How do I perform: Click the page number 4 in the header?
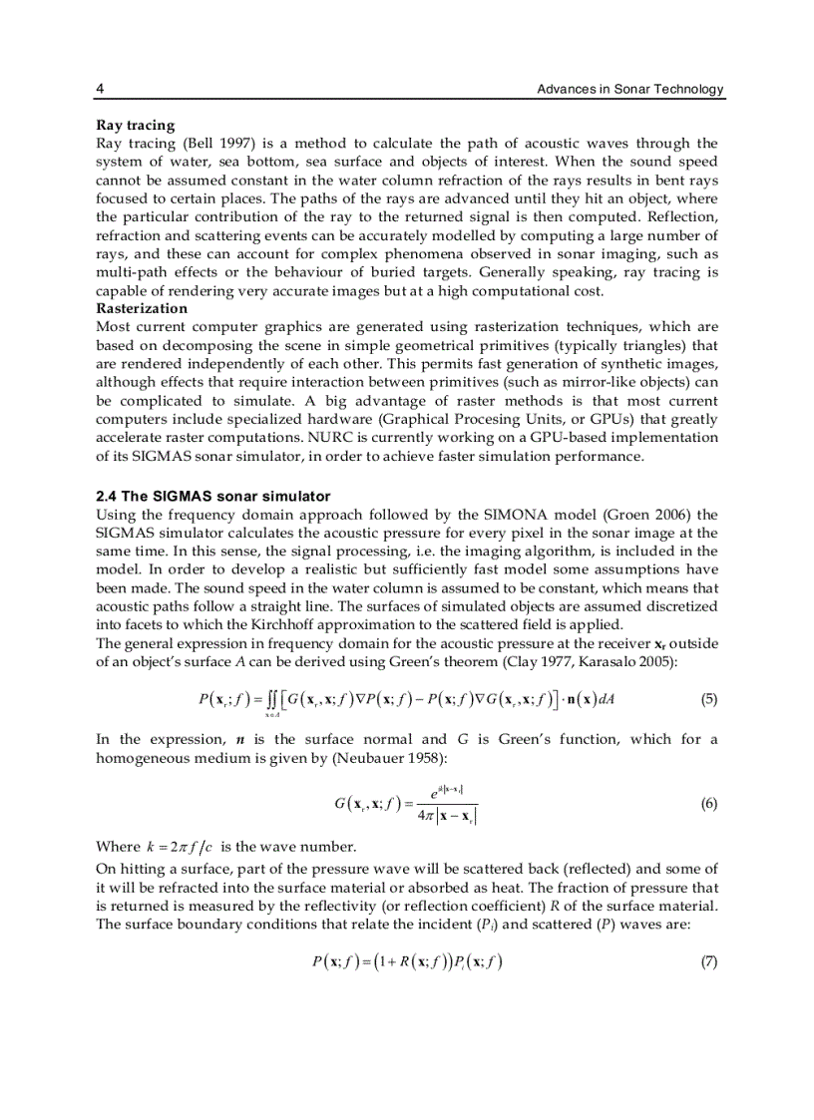100,90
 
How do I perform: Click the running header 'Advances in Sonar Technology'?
629,90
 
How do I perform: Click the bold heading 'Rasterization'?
141,308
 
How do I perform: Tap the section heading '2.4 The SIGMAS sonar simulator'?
212,496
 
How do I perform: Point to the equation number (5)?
708,699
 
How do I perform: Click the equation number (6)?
708,804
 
